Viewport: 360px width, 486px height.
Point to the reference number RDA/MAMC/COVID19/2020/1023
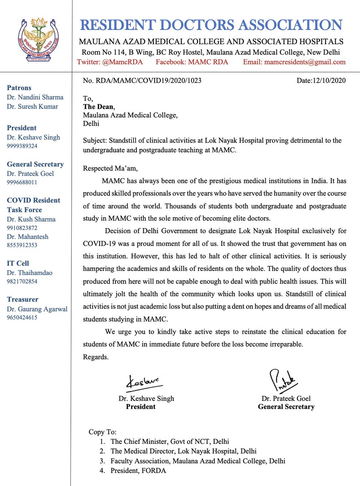pyautogui.click(x=142, y=81)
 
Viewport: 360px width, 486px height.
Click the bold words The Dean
pyautogui.click(x=98, y=107)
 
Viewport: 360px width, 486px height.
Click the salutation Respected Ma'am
pyautogui.click(x=109, y=168)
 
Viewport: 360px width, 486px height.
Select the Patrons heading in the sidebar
pyautogui.click(x=19, y=87)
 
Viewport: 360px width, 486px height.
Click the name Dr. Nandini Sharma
pyautogui.click(x=35, y=97)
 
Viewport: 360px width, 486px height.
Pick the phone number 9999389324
pyautogui.click(x=22, y=146)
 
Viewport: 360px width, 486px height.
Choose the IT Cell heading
pyautogui.click(x=18, y=263)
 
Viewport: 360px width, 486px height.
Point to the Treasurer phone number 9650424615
pyautogui.click(x=22, y=318)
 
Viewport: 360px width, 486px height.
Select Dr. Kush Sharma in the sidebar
pyautogui.click(x=31, y=220)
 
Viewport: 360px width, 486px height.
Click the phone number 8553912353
pyautogui.click(x=22, y=245)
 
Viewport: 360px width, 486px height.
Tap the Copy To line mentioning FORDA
pyautogui.click(x=138, y=471)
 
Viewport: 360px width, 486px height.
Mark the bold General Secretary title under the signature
pyautogui.click(x=286, y=407)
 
